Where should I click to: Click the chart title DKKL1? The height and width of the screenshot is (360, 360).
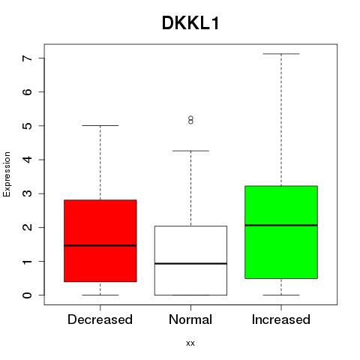(x=190, y=23)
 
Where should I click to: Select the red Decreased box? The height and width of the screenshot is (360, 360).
(x=100, y=241)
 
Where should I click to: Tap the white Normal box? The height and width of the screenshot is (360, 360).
(x=190, y=260)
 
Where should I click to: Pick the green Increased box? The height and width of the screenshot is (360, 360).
(x=281, y=232)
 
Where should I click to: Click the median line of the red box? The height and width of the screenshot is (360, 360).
(x=100, y=245)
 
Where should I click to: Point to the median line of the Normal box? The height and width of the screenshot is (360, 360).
(x=190, y=263)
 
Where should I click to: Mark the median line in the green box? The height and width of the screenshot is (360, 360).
(x=281, y=225)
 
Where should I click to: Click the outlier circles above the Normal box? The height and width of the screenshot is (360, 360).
(x=190, y=120)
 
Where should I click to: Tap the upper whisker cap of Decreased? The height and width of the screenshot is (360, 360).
(x=100, y=125)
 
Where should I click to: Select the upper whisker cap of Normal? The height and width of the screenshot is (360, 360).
(x=190, y=151)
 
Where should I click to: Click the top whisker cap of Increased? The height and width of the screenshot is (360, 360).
(x=281, y=54)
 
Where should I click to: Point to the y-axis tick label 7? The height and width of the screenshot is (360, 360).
(x=28, y=58)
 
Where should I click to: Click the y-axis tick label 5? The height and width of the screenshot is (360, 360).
(x=28, y=125)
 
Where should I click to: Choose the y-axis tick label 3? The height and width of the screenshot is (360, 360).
(x=28, y=193)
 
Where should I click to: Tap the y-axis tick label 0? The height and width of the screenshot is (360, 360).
(x=28, y=295)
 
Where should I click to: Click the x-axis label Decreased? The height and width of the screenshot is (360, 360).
(x=100, y=319)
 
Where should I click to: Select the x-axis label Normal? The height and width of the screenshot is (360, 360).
(x=190, y=319)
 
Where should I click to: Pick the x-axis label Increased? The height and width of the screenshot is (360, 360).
(x=281, y=319)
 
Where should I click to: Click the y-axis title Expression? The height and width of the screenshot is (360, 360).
(x=7, y=174)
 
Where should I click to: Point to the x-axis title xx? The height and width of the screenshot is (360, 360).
(x=190, y=343)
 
